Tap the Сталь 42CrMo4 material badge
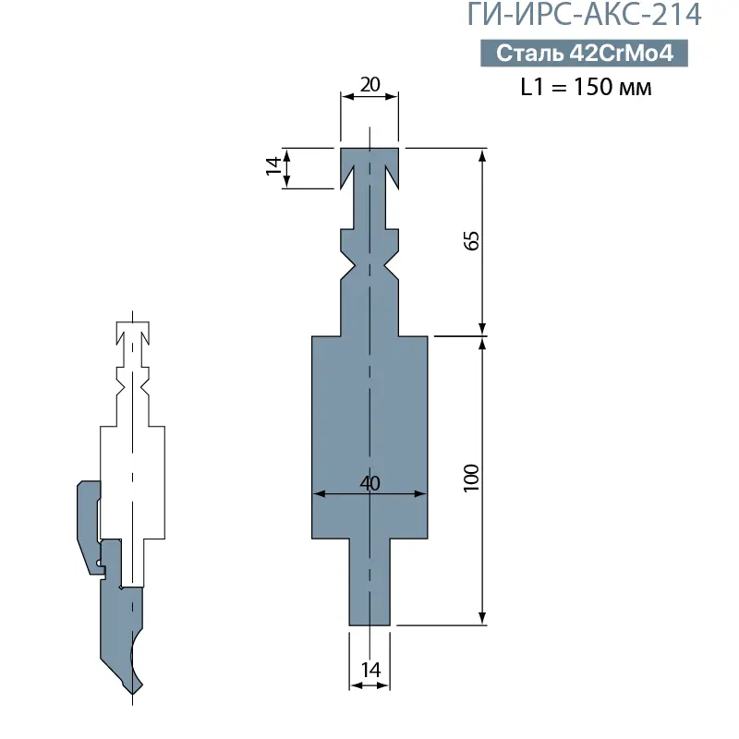point(583,54)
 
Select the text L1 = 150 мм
point(586,89)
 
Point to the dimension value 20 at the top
point(369,84)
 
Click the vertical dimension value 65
point(471,241)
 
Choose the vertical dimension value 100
point(471,478)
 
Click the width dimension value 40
point(369,483)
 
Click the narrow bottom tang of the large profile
point(369,582)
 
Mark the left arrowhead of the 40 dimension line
point(317,494)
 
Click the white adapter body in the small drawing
point(132,480)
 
